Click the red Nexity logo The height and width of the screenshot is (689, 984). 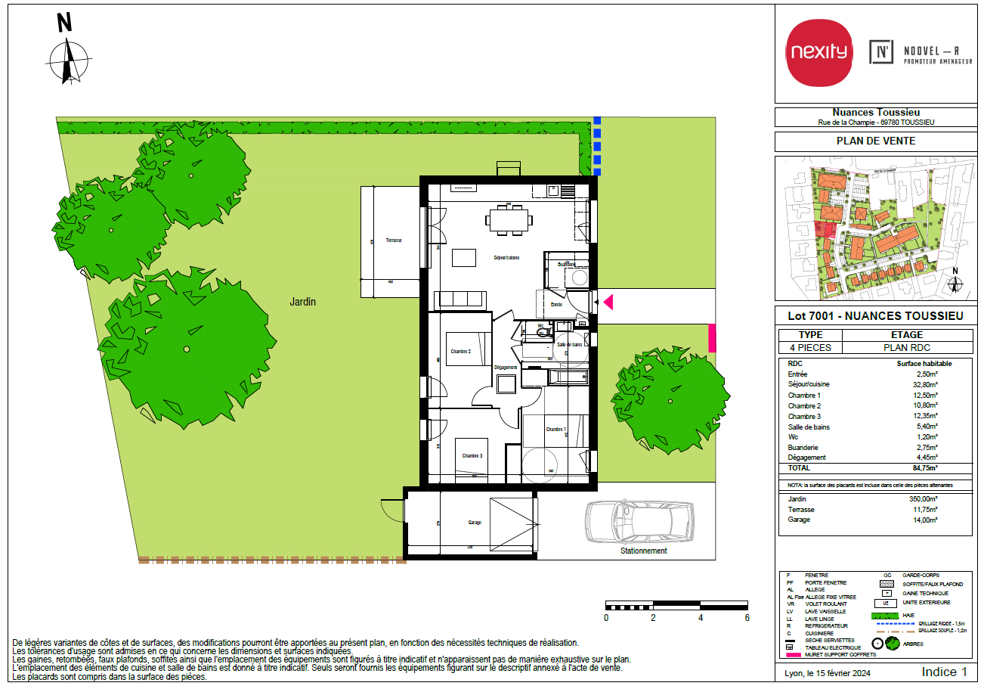point(819,53)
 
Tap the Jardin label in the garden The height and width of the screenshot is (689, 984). point(302,302)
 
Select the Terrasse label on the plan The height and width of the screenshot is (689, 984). point(394,240)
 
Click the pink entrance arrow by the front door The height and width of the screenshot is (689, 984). point(607,303)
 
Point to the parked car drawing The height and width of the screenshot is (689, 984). point(640,521)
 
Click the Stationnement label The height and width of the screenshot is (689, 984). point(643,551)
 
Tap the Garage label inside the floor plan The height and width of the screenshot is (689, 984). point(475,523)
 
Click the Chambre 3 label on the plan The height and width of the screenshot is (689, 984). point(472,455)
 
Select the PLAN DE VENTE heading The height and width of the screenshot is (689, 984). point(875,141)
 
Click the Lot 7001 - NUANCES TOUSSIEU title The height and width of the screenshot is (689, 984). point(875,316)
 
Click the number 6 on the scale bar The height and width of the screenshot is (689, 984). point(747,618)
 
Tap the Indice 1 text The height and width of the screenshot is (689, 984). point(944,672)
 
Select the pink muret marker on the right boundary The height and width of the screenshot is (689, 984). point(711,337)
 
